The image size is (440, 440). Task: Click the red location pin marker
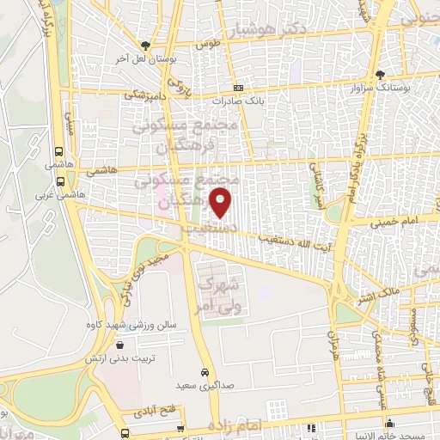[221, 203]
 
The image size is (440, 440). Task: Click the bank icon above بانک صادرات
[238, 89]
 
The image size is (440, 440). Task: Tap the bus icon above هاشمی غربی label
[60, 181]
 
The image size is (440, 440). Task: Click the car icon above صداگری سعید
[205, 372]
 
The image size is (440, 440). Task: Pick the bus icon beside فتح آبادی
[126, 432]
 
